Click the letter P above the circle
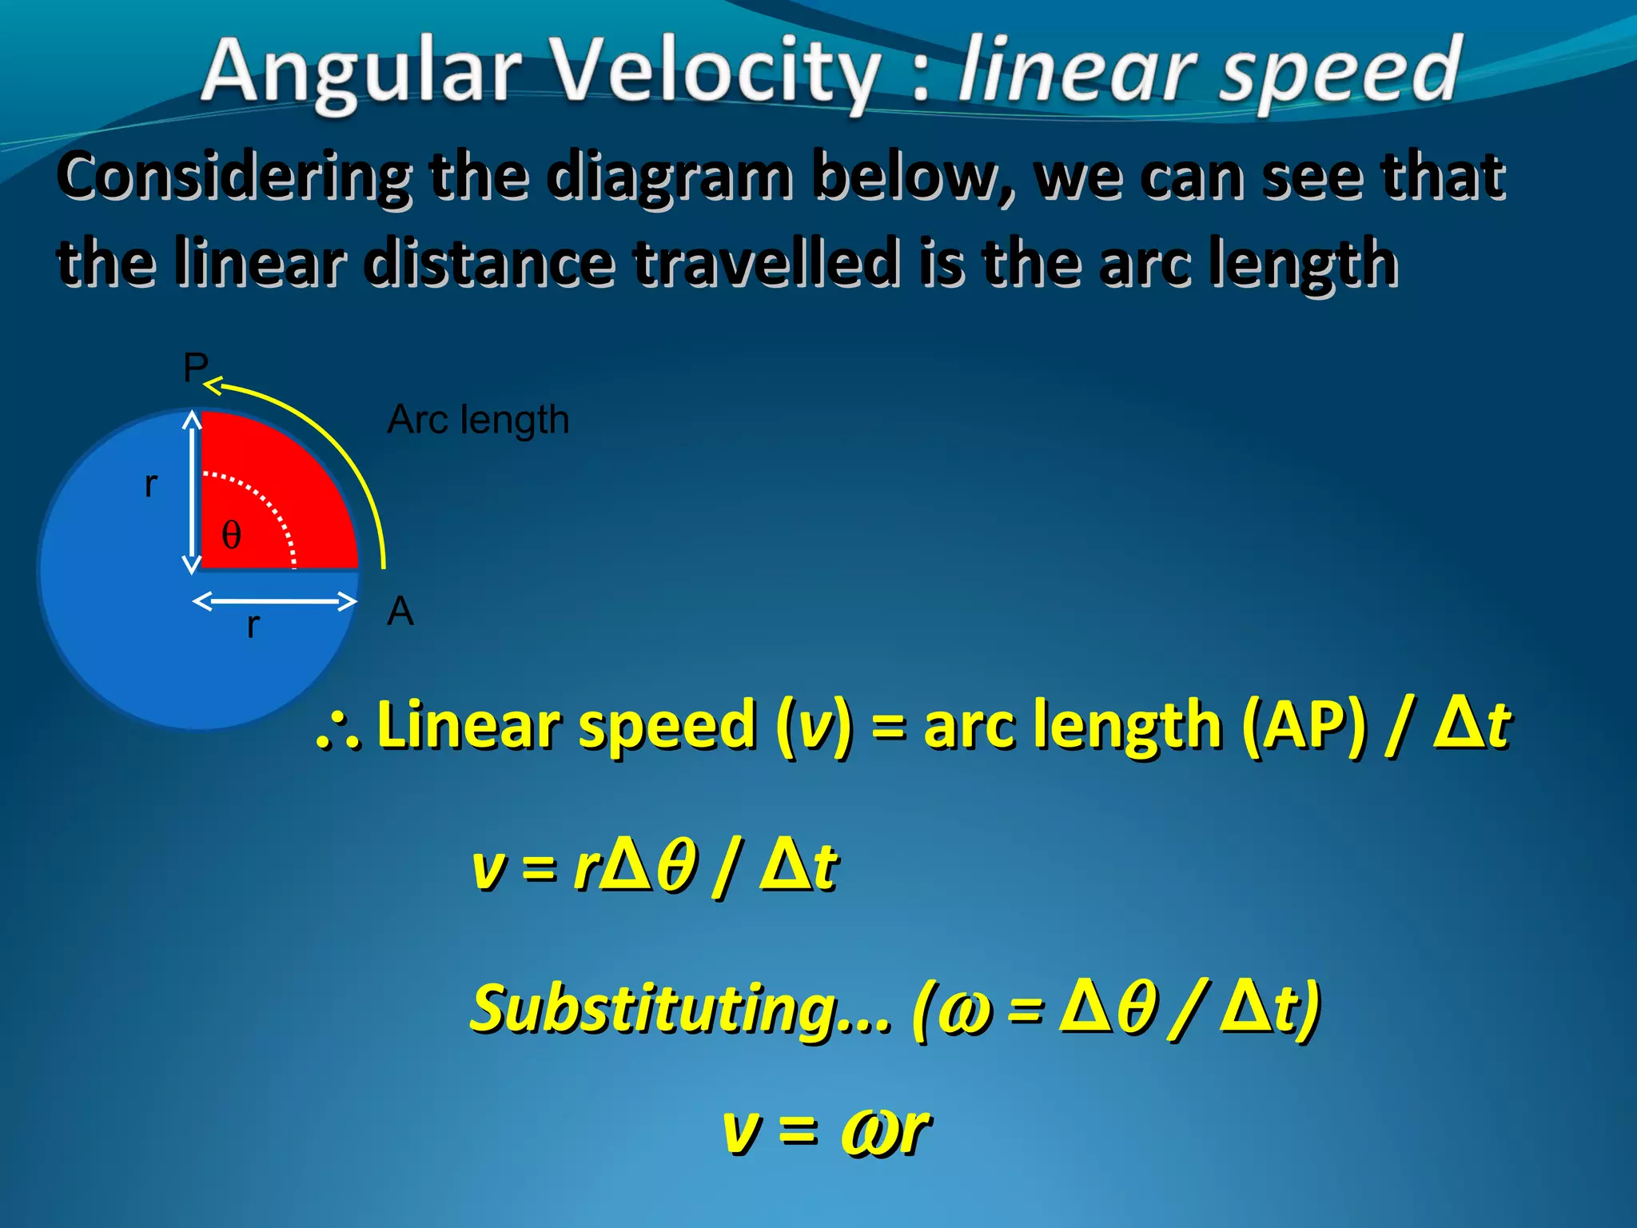click(195, 368)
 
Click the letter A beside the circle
click(400, 612)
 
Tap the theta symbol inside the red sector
click(231, 534)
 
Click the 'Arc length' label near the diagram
click(478, 420)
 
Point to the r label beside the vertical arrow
click(151, 484)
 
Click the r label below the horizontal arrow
click(253, 625)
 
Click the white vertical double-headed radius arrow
click(192, 492)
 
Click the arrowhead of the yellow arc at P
click(212, 387)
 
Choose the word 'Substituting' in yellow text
click(679, 1009)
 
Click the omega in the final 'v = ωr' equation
click(867, 1131)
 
